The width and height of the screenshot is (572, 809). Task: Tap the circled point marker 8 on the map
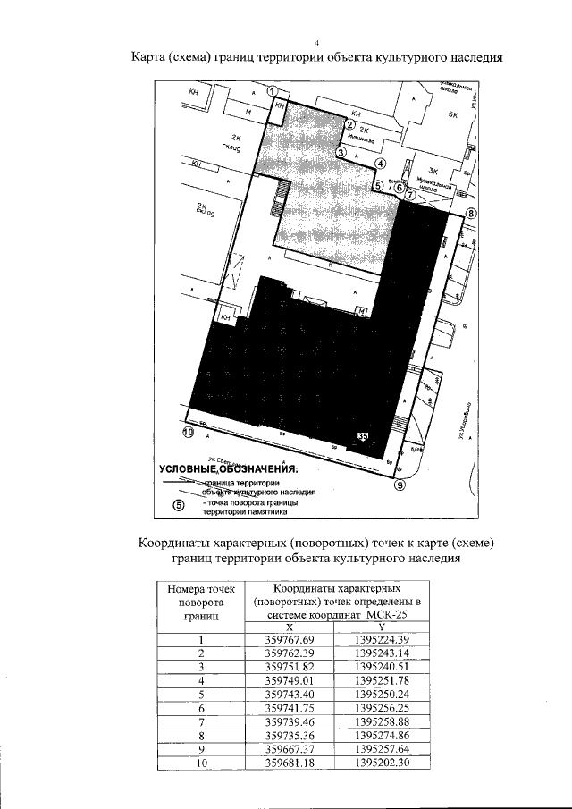click(470, 214)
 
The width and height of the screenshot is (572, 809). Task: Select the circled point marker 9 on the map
click(400, 485)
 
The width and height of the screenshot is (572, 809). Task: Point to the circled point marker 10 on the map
click(188, 433)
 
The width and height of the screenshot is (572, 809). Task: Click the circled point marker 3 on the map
click(341, 152)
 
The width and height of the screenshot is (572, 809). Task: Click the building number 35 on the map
click(362, 436)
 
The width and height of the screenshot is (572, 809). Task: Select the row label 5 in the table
click(202, 694)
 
